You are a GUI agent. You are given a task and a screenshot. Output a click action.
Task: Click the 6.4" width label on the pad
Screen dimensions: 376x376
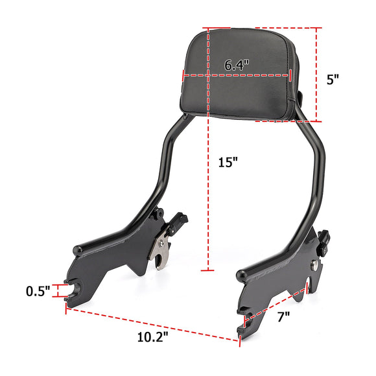pyautogui.click(x=237, y=65)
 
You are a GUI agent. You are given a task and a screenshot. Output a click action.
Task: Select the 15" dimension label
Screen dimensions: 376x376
pyautogui.click(x=228, y=162)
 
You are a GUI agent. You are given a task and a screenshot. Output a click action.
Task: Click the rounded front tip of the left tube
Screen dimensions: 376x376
pyautogui.click(x=77, y=250)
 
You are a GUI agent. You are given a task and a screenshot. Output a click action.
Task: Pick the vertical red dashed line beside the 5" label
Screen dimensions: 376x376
pyautogui.click(x=318, y=75)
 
